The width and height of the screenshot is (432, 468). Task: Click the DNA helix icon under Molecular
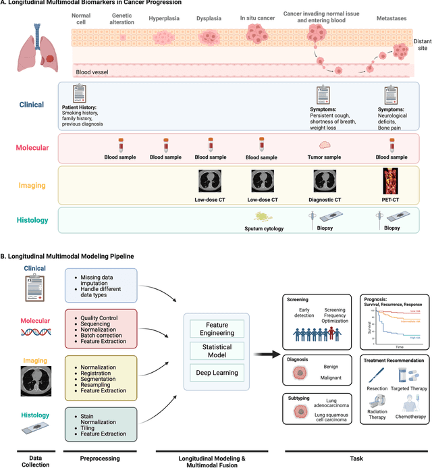click(x=34, y=332)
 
